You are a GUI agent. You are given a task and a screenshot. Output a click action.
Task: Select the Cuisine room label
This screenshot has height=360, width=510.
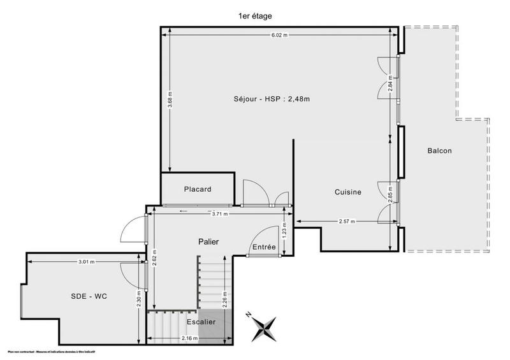click(x=348, y=192)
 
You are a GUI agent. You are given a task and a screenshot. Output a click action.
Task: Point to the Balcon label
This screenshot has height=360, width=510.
click(x=440, y=151)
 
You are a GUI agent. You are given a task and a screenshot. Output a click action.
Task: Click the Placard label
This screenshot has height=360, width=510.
click(x=198, y=189)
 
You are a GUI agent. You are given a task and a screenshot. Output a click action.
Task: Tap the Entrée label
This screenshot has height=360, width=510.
click(x=264, y=247)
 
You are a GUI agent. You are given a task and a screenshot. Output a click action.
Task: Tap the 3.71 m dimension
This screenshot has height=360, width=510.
click(x=219, y=214)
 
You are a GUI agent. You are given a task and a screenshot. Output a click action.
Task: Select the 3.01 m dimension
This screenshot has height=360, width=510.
click(x=86, y=261)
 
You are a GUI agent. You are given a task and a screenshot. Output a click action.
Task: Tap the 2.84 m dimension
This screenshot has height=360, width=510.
click(x=390, y=84)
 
